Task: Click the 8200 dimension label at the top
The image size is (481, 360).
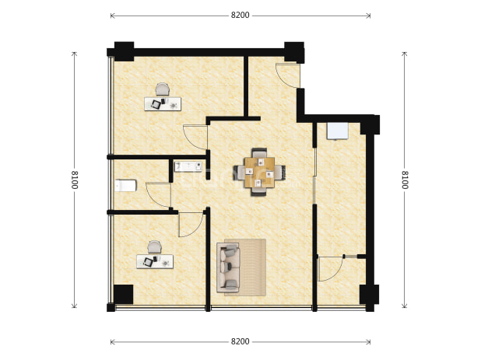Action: tap(240, 15)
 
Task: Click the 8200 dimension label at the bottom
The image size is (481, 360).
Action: tap(240, 341)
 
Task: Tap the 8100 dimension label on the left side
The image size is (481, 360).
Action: tap(74, 180)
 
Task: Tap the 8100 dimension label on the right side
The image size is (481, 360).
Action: tap(405, 180)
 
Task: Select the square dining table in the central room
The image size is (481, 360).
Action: tap(259, 172)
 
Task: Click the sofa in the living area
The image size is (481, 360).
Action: tap(228, 267)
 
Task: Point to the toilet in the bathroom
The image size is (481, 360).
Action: tap(125, 186)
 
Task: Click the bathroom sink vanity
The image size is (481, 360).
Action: tap(188, 166)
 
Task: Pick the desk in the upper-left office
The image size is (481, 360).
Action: tap(163, 104)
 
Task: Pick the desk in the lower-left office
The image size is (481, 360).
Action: tap(155, 261)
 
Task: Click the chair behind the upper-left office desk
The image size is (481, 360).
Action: tap(162, 89)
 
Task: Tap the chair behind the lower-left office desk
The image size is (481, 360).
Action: tap(154, 247)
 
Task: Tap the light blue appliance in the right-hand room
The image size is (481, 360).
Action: tap(338, 131)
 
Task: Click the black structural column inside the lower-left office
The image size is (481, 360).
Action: tap(123, 295)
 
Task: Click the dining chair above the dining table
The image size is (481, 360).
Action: tap(259, 152)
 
